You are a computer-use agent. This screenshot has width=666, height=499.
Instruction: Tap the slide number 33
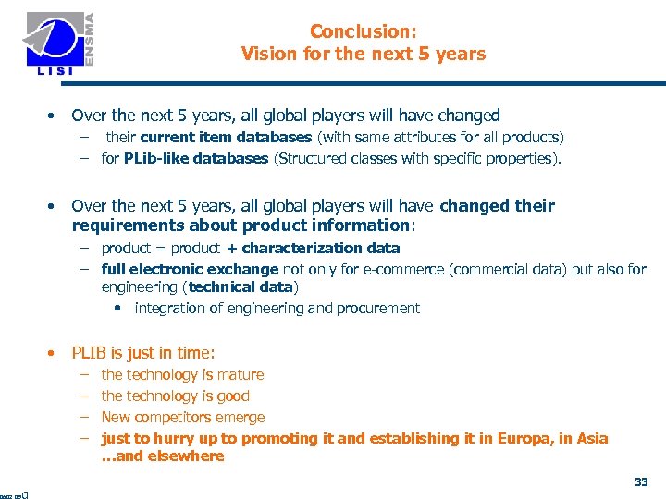(x=641, y=481)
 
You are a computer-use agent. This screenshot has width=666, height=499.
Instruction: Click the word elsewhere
(x=189, y=456)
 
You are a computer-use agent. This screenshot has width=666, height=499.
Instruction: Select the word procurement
(x=376, y=308)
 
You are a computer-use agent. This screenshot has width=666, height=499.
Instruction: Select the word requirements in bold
(x=118, y=225)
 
